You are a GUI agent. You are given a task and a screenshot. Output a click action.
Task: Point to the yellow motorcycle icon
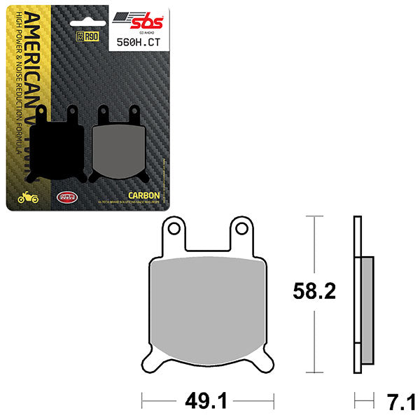point(28,198)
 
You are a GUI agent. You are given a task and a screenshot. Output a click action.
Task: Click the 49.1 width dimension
point(207,402)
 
